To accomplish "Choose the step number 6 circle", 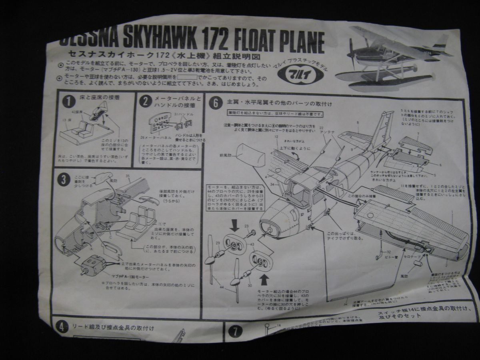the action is point(215,103).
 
